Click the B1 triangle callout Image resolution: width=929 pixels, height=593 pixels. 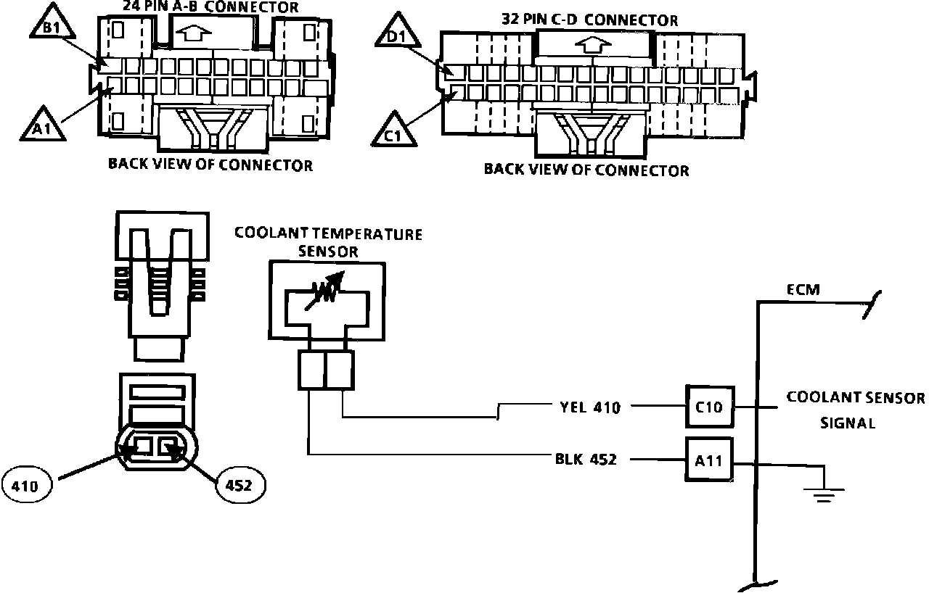52,25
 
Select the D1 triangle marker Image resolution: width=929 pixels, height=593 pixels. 398,33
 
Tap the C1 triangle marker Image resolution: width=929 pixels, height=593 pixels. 393,133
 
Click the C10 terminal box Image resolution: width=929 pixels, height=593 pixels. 709,407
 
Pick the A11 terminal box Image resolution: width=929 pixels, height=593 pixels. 709,460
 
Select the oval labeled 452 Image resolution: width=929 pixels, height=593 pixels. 240,485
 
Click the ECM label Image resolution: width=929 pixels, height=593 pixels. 803,289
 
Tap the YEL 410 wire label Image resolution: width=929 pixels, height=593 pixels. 590,407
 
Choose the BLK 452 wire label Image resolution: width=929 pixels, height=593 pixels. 586,459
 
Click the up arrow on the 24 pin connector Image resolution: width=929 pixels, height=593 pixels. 194,33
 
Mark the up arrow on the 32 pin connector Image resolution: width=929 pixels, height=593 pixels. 594,45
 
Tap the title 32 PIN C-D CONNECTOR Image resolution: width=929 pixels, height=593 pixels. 590,20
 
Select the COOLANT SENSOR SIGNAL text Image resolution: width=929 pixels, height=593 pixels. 855,410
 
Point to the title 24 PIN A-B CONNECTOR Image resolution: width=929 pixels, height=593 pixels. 210,7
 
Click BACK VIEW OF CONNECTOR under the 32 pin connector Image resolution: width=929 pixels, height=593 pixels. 586,170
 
